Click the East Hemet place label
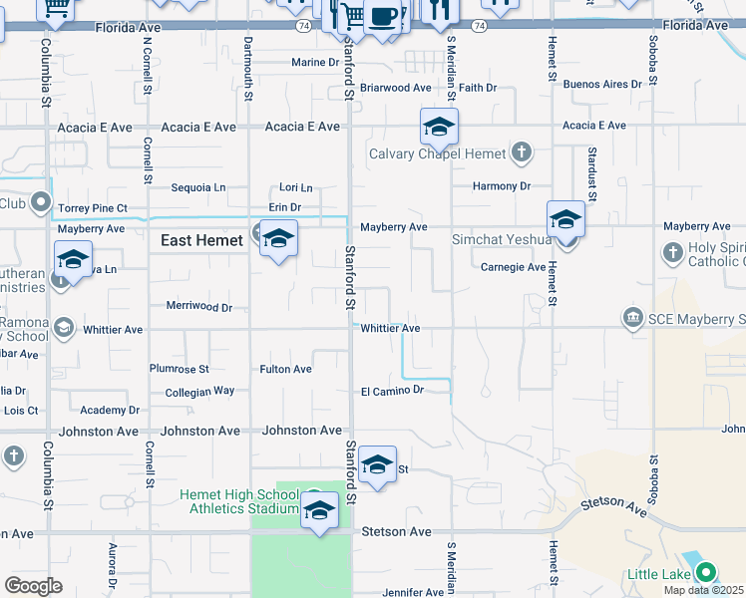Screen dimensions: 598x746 point(202,240)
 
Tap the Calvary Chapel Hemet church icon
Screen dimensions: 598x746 point(520,152)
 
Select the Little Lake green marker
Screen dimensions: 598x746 point(706,573)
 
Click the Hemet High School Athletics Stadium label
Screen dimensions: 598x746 point(238,501)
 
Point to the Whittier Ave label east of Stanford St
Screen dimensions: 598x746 point(390,328)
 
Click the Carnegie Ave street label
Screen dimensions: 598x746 point(513,267)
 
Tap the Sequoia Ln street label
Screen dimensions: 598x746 point(198,187)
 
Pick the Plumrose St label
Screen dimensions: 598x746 point(179,369)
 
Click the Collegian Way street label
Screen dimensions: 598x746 point(199,392)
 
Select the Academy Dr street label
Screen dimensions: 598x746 point(110,411)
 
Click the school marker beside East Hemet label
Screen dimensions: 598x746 point(279,239)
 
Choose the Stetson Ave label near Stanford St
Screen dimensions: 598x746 point(396,532)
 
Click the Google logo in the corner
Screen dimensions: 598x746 point(33,586)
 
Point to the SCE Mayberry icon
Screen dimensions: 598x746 point(632,318)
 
